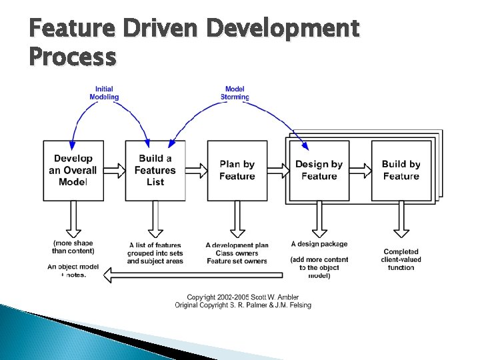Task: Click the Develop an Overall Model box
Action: (x=73, y=170)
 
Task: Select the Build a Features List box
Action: (x=155, y=170)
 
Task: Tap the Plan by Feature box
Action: (x=237, y=170)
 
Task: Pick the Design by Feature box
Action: (x=319, y=170)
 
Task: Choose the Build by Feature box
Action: (x=401, y=170)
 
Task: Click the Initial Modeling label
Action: (x=104, y=93)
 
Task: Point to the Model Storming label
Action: (x=235, y=93)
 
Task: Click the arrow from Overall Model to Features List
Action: (x=115, y=170)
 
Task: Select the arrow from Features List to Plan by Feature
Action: (x=197, y=170)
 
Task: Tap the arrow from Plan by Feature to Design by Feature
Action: (x=279, y=170)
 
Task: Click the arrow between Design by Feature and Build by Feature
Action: (x=361, y=170)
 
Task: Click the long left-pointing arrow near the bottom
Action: (x=193, y=272)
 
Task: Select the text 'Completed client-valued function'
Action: (x=401, y=259)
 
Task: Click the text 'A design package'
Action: (x=319, y=244)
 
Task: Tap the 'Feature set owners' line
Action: (x=237, y=261)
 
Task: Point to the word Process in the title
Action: (x=73, y=57)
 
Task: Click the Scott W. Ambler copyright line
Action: (x=243, y=297)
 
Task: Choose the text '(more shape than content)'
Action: (x=73, y=247)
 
